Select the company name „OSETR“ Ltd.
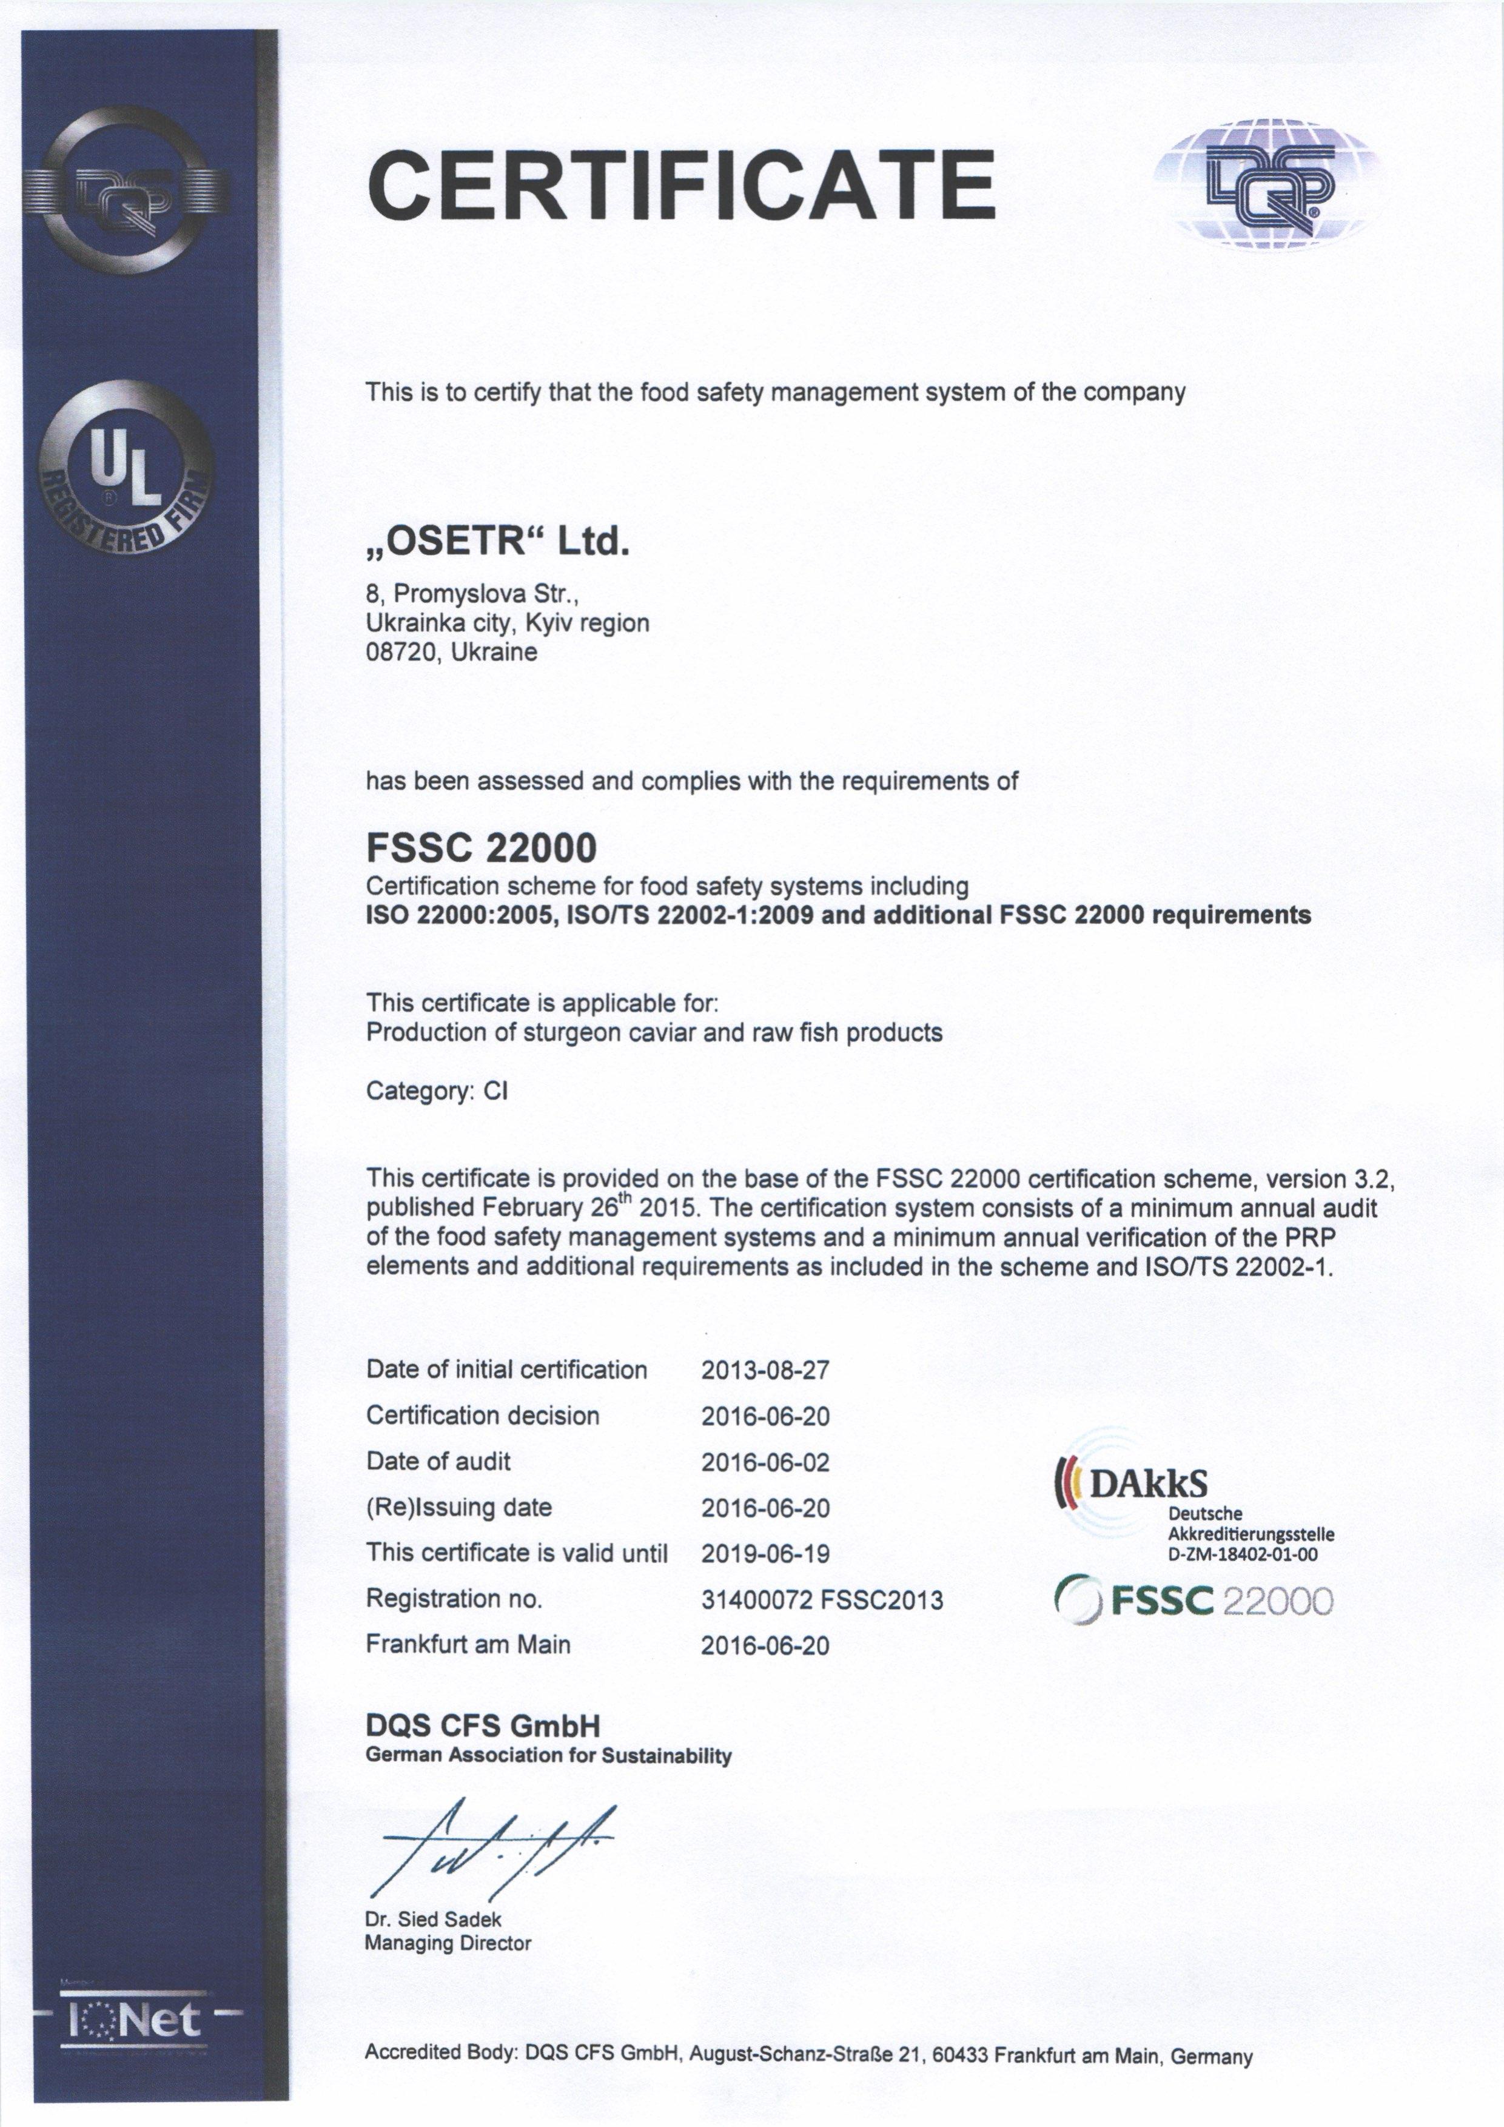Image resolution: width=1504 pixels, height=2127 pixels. (x=499, y=541)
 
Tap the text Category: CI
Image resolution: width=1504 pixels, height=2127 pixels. (x=437, y=1090)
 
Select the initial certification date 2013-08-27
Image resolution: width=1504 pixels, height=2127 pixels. (x=765, y=1370)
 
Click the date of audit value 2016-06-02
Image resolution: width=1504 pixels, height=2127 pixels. (x=765, y=1462)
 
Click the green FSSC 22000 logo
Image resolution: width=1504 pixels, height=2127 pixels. (x=1195, y=1601)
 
